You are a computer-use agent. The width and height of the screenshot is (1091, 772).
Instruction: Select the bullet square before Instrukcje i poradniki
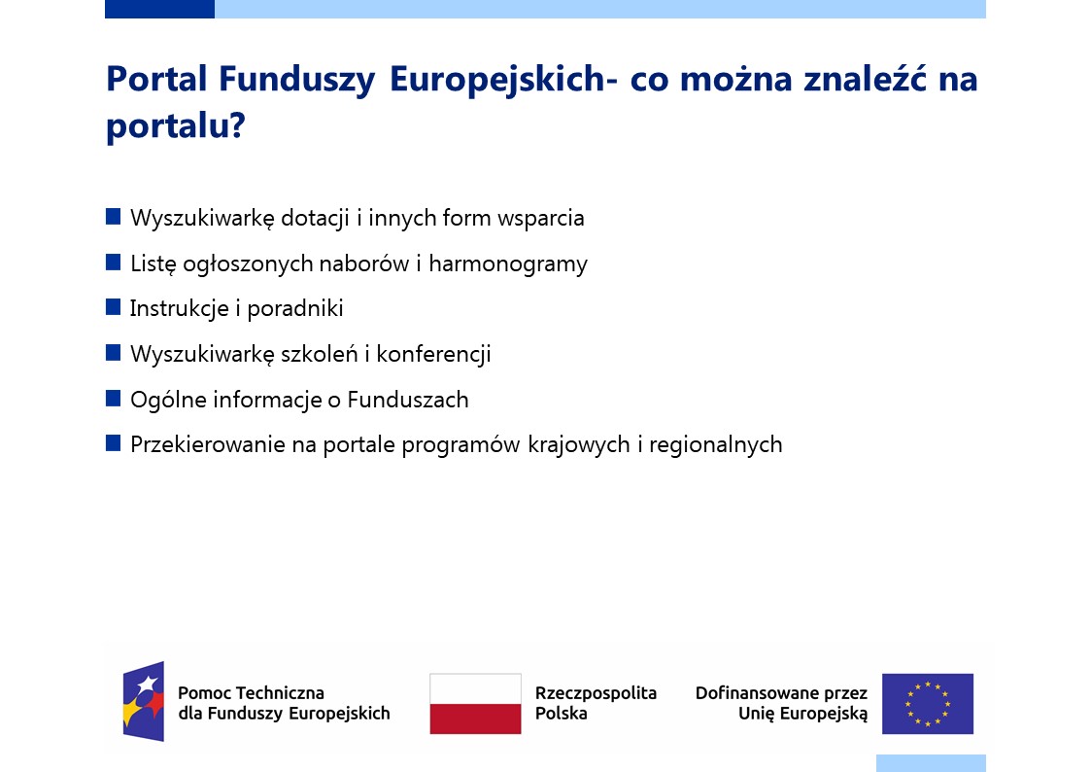pos(113,307)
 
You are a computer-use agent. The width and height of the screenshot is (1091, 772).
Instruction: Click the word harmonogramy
pos(508,264)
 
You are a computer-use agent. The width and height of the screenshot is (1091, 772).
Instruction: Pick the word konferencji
pos(433,354)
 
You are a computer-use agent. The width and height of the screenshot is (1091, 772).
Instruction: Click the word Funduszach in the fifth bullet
pos(408,401)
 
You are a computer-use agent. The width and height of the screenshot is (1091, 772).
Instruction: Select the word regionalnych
pos(715,445)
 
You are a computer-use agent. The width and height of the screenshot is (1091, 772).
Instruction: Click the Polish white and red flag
pos(475,704)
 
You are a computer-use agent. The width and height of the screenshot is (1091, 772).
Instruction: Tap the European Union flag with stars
pos(928,704)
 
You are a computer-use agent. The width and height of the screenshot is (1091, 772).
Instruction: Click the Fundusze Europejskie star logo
pos(144,702)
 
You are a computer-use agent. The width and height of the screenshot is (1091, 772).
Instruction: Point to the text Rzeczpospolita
pos(596,693)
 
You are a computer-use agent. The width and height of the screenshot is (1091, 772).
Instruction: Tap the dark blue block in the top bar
pos(159,9)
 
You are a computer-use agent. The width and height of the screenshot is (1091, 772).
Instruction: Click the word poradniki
pos(295,309)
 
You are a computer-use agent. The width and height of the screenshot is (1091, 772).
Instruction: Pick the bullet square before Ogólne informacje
pos(113,399)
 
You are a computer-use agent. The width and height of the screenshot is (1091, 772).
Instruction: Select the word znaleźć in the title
pos(865,78)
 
